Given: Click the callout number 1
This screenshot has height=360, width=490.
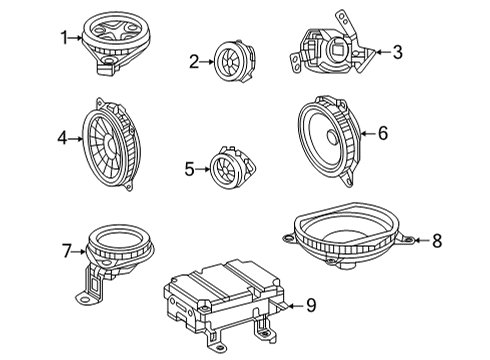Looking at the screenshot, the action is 64,38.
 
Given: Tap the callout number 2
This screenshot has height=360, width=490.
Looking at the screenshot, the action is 194,62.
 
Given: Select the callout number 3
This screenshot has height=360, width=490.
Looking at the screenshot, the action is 397,52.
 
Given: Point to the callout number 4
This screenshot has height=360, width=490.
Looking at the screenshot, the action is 62,138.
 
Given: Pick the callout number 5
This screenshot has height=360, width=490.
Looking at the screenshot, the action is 189,169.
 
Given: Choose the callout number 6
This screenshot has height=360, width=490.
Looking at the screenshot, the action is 383,133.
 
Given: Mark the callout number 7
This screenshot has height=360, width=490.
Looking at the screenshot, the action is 67,251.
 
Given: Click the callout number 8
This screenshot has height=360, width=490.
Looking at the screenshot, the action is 437,240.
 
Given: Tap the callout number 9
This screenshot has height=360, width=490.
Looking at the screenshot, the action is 311,305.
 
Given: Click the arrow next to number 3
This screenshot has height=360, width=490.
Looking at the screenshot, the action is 383,52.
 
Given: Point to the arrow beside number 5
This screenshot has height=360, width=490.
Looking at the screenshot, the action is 203,169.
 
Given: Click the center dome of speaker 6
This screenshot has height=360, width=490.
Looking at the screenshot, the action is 333,137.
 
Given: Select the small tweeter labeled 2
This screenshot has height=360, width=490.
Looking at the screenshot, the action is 234,61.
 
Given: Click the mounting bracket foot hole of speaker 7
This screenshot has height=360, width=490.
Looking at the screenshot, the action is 85,299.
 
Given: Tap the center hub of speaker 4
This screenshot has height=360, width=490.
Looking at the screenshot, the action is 110,144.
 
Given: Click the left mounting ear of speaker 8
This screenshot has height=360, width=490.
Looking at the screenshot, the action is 287,238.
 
